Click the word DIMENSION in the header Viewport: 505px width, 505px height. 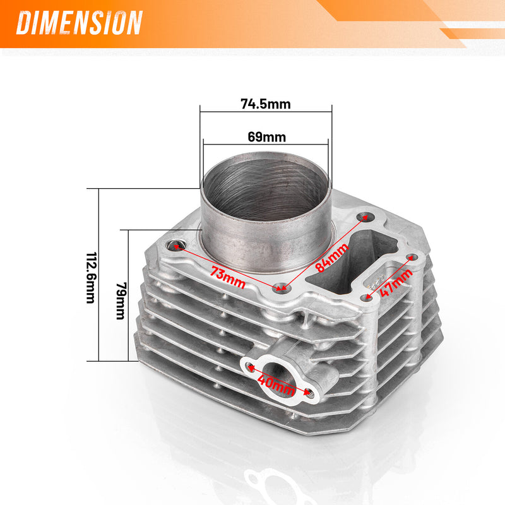[80, 23]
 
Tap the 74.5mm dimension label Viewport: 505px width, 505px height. [266, 104]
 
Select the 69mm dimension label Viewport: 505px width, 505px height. [266, 137]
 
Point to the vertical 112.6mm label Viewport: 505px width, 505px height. [91, 278]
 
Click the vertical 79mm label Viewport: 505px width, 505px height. [121, 301]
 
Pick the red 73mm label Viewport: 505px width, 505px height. [228, 276]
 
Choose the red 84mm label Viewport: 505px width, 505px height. [332, 258]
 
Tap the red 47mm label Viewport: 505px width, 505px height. [396, 282]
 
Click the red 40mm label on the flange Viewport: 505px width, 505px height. [276, 384]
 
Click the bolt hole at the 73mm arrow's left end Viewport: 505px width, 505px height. [175, 246]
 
